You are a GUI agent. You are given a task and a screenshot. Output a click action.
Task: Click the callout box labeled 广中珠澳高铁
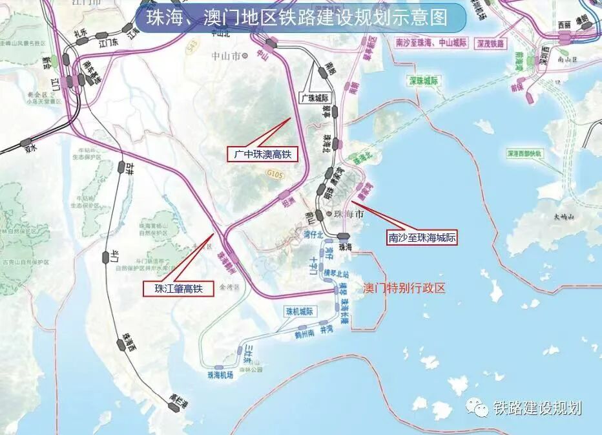pos(260,154)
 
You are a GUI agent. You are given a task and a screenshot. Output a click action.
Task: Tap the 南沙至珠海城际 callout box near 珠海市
pos(422,238)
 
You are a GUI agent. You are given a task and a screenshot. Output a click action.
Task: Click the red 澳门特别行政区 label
pos(404,288)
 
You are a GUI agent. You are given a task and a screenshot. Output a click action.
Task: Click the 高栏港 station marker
pos(173,406)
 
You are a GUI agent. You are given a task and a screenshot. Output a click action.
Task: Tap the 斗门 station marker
pos(106,256)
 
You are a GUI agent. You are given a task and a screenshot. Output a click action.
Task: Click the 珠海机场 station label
pos(220,375)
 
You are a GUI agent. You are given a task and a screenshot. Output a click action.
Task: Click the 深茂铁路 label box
pos(490,43)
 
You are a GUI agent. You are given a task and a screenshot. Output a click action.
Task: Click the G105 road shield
pos(275,173)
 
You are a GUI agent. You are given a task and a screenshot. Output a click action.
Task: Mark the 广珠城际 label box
pos(315,97)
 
